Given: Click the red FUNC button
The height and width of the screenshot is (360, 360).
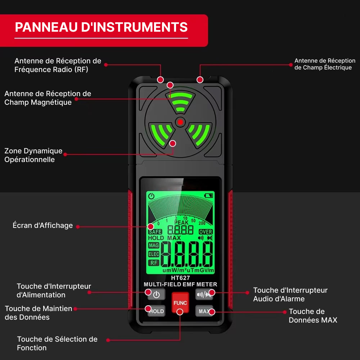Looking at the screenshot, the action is (x=180, y=303).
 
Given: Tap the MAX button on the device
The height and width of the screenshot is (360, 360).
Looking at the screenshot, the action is (x=204, y=311).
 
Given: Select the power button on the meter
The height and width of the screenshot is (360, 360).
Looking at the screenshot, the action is (x=156, y=294).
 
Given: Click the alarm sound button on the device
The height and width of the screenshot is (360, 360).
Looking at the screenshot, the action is (x=204, y=294).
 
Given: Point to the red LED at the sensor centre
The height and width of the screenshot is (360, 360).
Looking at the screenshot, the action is (x=180, y=122).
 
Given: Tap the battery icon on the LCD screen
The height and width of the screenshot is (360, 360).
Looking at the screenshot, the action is (x=209, y=195).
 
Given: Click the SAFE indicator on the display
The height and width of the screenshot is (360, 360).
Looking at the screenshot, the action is (x=155, y=231).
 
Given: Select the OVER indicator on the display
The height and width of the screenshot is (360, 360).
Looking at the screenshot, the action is (x=206, y=231).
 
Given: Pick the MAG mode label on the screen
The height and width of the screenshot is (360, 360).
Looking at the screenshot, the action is (x=154, y=246).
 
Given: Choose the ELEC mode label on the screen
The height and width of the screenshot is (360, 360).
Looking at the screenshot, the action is (x=154, y=254).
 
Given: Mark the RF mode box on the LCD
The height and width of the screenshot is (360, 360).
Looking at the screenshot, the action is (x=154, y=263).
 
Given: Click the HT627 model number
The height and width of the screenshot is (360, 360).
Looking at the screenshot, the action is (x=180, y=278).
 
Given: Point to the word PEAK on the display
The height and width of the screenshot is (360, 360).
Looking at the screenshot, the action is (x=181, y=222).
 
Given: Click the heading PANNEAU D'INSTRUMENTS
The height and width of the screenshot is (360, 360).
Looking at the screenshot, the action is (x=101, y=27).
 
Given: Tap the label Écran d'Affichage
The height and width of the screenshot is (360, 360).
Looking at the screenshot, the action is (x=43, y=225).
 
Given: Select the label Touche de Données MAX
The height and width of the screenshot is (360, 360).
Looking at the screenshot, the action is (x=313, y=316).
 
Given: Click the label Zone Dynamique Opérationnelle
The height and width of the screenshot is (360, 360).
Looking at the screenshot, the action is (x=33, y=155).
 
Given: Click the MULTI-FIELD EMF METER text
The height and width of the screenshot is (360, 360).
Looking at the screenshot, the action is (x=180, y=284).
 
